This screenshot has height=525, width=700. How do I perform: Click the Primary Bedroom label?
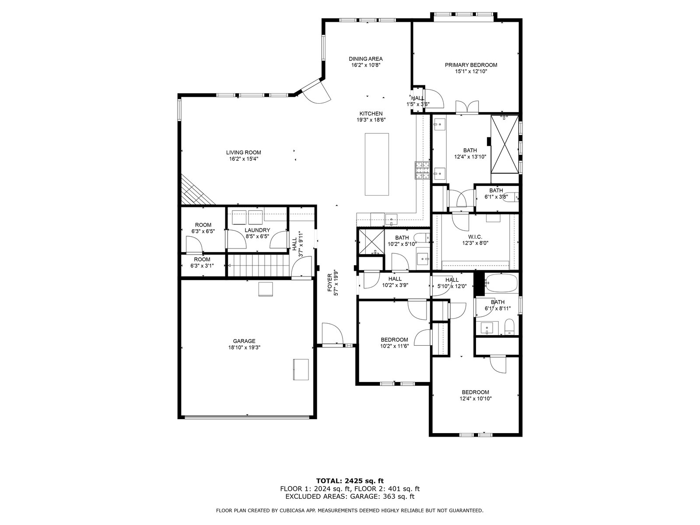[471, 65]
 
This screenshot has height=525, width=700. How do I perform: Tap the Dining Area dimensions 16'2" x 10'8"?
[365, 65]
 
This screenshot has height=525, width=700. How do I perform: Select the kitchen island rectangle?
[377, 164]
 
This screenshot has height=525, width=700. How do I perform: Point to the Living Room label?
[244, 152]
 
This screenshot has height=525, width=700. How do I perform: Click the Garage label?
[244, 341]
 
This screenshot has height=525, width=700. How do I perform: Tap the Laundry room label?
[257, 230]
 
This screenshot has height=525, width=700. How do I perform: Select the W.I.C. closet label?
[475, 237]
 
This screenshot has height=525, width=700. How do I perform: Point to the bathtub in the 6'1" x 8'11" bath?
[500, 283]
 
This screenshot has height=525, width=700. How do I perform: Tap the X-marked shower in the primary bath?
[504, 144]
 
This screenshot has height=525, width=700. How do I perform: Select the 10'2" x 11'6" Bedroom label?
[394, 340]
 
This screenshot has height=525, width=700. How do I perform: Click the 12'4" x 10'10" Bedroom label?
[475, 392]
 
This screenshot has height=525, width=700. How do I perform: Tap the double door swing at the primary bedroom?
[467, 107]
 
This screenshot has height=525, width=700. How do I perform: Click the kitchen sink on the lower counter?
[391, 220]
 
